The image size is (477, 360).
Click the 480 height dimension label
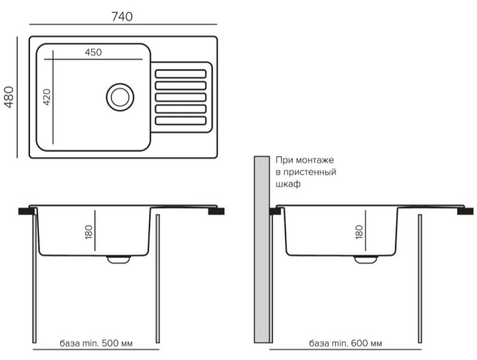[10, 97]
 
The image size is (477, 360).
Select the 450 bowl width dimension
[92, 52]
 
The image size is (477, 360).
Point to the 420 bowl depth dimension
[46, 98]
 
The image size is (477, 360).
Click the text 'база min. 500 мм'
[98, 343]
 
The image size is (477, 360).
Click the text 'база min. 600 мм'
[345, 343]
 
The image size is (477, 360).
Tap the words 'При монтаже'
[305, 159]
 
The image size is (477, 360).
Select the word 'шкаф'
[288, 185]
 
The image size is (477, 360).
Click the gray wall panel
[261, 249]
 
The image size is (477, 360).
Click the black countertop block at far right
[465, 210]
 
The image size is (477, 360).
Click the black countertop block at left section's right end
[216, 211]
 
